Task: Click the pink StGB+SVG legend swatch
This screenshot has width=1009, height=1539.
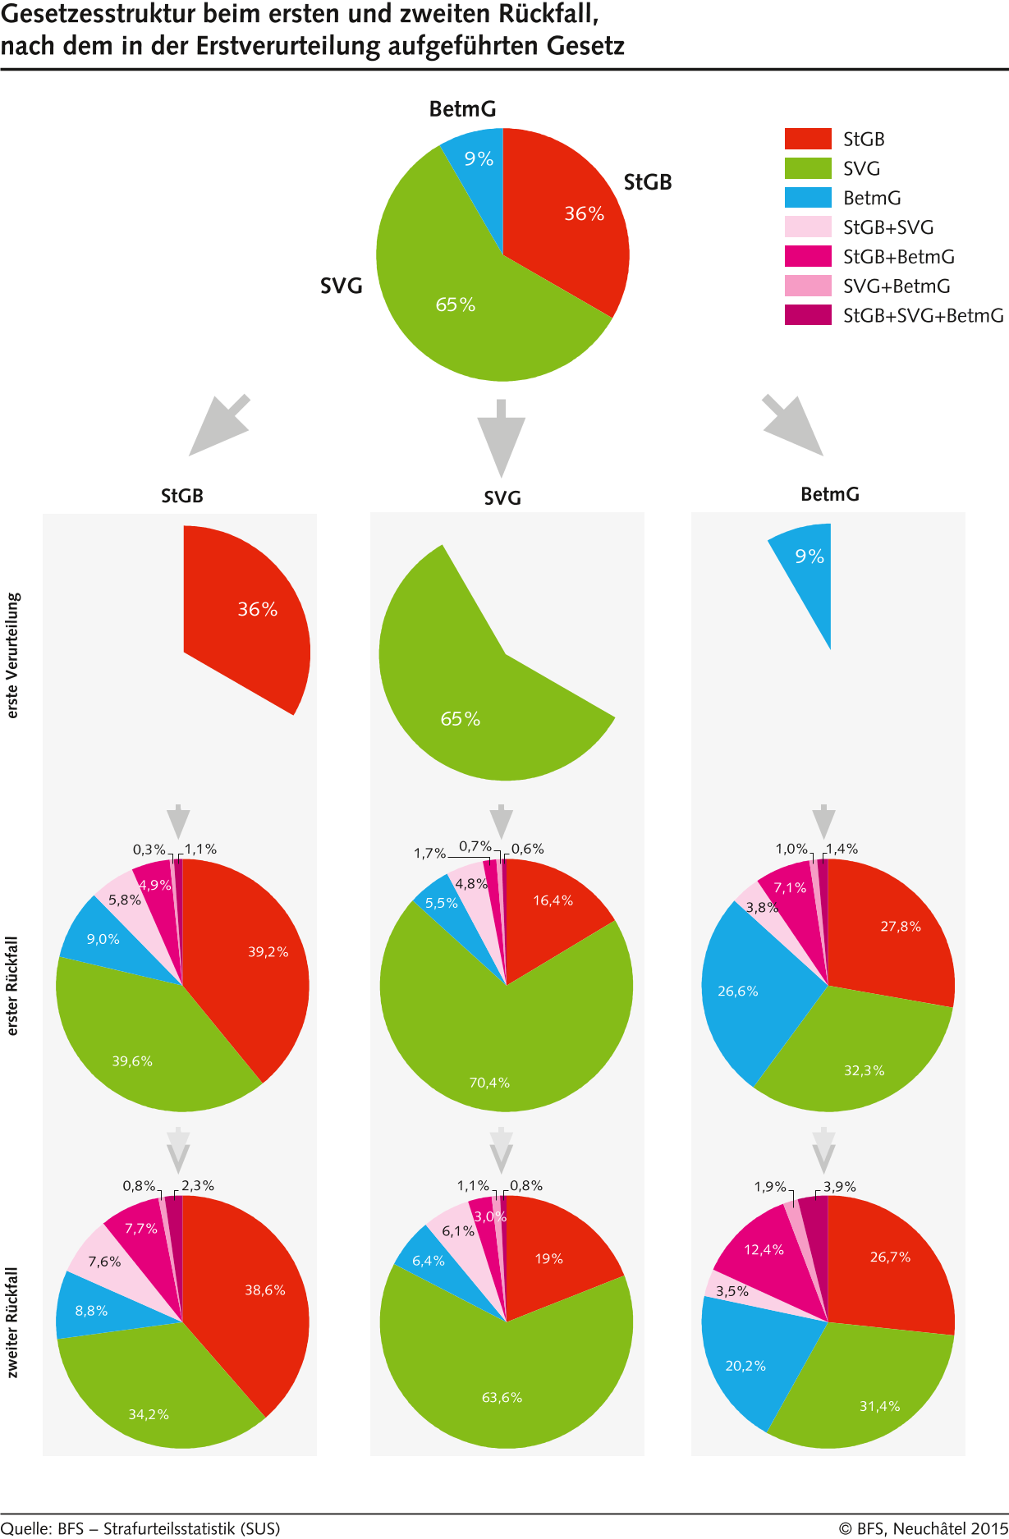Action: coord(808,227)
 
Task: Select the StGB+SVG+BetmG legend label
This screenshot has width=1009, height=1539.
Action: coord(923,316)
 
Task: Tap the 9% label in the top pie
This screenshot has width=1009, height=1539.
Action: coord(479,159)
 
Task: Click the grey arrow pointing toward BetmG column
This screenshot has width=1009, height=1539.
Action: coord(793,424)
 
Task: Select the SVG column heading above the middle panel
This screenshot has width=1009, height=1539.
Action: coord(502,498)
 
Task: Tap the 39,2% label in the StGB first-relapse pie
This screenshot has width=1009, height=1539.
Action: coord(268,952)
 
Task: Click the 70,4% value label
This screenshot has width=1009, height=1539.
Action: coord(489,1083)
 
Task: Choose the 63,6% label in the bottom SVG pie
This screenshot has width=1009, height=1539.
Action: coord(502,1398)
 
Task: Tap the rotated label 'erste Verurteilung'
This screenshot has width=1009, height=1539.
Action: coord(12,656)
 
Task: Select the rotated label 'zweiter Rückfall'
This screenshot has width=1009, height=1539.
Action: coord(12,1321)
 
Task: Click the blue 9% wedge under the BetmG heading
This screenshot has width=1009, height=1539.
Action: coord(809,566)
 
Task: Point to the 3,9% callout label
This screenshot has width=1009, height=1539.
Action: coord(840,1187)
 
